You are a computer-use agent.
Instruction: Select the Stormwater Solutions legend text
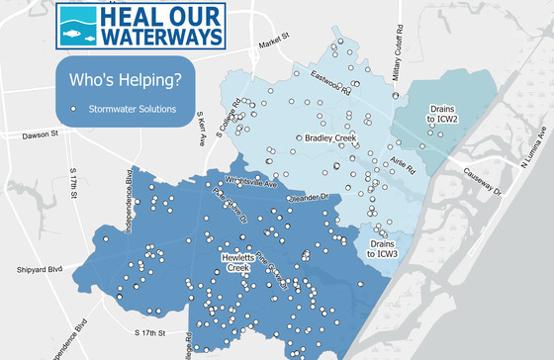tap(133, 108)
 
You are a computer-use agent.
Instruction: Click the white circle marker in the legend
tap(74, 108)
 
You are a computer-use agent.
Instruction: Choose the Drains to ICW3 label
tap(382, 248)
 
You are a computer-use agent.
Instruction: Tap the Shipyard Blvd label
tap(39, 268)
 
